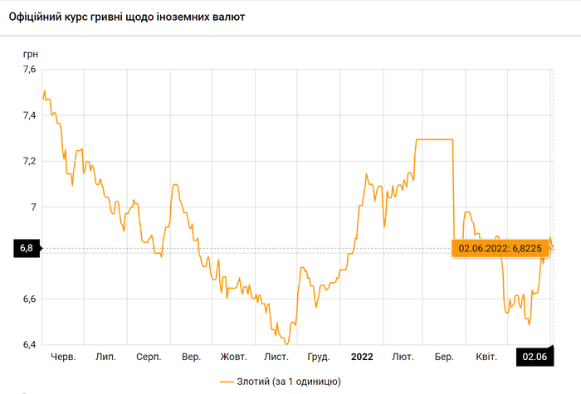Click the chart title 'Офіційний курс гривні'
click(127, 17)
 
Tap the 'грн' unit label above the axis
click(30, 54)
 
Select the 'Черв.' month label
click(63, 357)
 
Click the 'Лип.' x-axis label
click(105, 357)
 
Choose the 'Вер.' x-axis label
click(191, 357)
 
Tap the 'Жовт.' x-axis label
click(233, 357)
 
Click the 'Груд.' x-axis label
click(319, 357)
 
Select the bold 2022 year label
click(362, 357)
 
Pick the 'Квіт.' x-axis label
click(486, 357)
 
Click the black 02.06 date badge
click(535, 357)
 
